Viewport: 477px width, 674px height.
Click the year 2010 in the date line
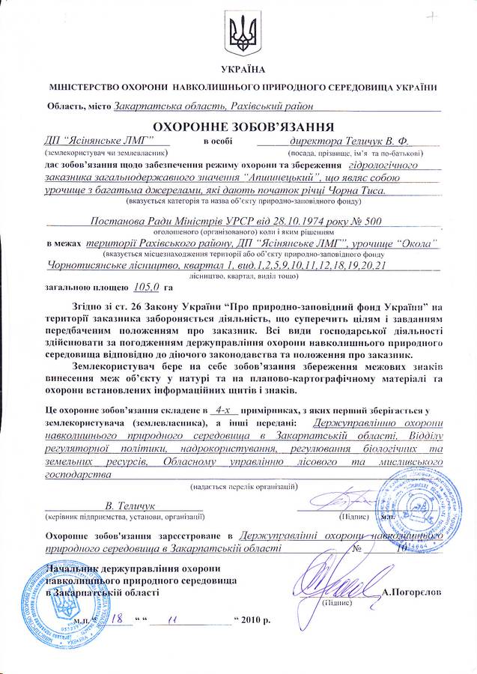click(252, 622)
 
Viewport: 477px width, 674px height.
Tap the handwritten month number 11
click(174, 622)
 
